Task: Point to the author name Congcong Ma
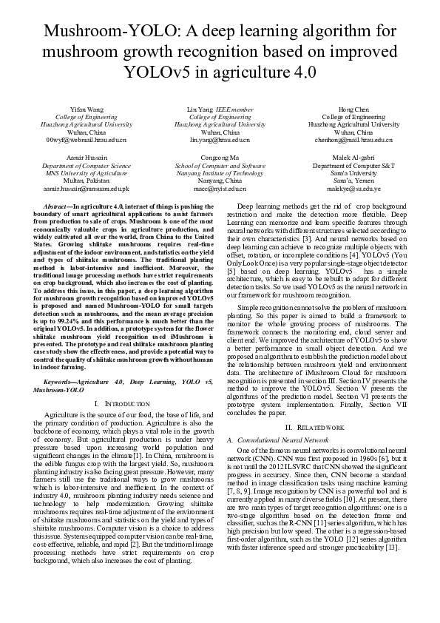(220, 158)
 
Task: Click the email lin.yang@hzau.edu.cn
(220, 140)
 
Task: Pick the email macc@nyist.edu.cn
(220, 189)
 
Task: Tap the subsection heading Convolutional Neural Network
(288, 440)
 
